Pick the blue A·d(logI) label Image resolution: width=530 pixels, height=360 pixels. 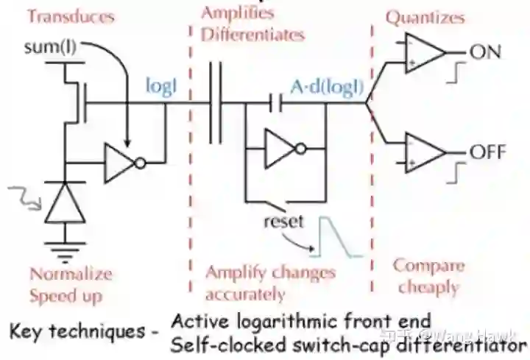pos(326,87)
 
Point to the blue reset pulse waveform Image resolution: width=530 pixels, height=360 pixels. pos(339,236)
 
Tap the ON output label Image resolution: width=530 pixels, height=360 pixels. pos(487,53)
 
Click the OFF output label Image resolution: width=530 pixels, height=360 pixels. pos(489,152)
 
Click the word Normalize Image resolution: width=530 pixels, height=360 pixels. pos(71,274)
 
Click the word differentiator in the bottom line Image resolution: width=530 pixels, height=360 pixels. pos(461,344)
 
